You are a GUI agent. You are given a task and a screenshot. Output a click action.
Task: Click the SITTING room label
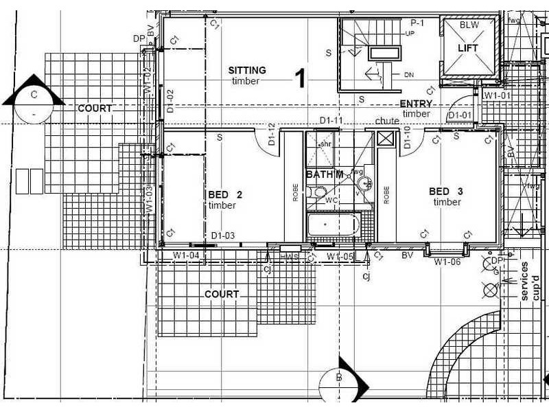pyautogui.click(x=246, y=70)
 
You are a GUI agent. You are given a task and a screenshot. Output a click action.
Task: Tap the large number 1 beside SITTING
pyautogui.click(x=299, y=78)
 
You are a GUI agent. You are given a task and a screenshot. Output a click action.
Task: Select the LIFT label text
pyautogui.click(x=469, y=48)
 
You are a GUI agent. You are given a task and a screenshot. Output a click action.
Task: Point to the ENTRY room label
pyautogui.click(x=416, y=104)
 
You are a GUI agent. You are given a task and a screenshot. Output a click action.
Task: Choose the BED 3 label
pyautogui.click(x=445, y=191)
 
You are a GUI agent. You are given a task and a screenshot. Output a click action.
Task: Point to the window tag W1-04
pyautogui.click(x=186, y=255)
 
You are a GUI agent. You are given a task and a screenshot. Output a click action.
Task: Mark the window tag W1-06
pyautogui.click(x=447, y=262)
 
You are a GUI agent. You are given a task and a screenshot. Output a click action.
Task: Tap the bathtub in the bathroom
pyautogui.click(x=334, y=225)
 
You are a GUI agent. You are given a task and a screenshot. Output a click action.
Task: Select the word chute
pyautogui.click(x=386, y=121)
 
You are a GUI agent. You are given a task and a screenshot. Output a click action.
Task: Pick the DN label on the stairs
pyautogui.click(x=409, y=73)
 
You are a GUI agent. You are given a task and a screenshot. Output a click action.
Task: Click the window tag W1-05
pyautogui.click(x=340, y=256)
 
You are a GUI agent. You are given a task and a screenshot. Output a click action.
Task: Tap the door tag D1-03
pyautogui.click(x=223, y=236)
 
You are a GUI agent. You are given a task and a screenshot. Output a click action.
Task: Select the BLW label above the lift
pyautogui.click(x=469, y=25)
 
